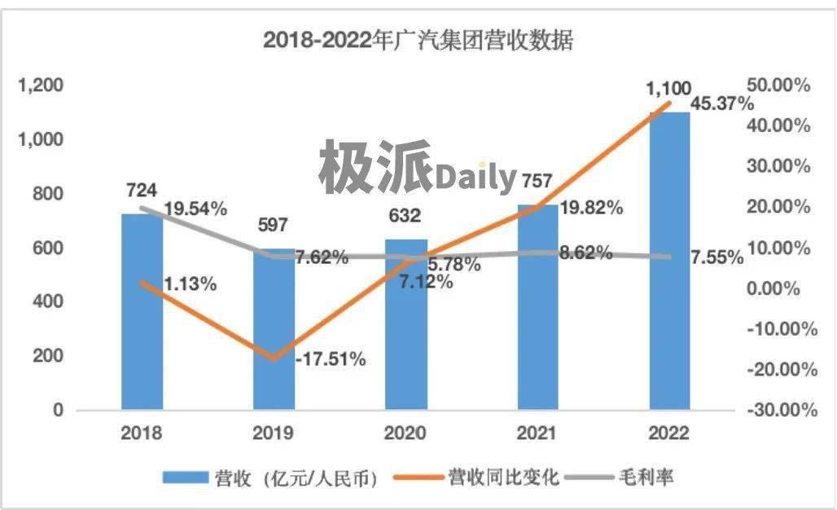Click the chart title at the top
(418, 40)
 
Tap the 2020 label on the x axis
(405, 432)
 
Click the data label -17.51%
(330, 358)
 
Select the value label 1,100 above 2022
(668, 88)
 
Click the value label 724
(141, 191)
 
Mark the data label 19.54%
(195, 209)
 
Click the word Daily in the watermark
(476, 177)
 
